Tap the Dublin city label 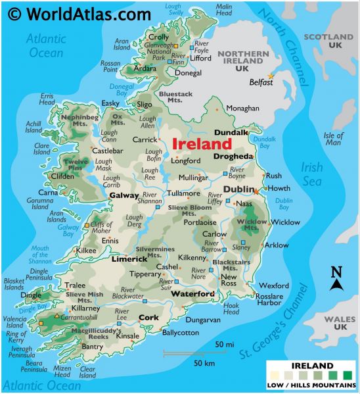[x=237, y=189]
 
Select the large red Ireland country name [x=202, y=143]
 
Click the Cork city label [x=148, y=318]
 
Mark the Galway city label [x=124, y=195]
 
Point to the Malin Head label [x=225, y=10]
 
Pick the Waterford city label [x=192, y=293]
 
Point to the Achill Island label [x=33, y=126]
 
